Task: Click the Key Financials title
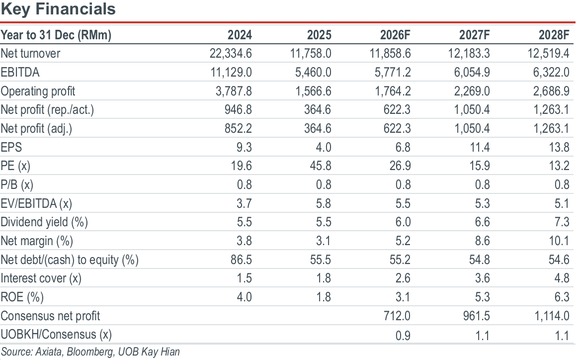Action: point(58,9)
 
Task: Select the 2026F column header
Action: point(395,35)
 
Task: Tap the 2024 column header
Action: point(240,35)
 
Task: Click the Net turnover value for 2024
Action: point(231,54)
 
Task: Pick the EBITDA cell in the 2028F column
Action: point(551,72)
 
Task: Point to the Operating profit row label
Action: point(38,91)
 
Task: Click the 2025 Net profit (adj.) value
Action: point(318,128)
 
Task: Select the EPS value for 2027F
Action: point(480,147)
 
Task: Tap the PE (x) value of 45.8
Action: point(321,166)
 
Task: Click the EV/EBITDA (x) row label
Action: point(36,203)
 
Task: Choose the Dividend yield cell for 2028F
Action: point(562,222)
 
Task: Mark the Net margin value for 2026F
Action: point(403,241)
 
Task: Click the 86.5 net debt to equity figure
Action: point(241,260)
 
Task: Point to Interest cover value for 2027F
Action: point(482,278)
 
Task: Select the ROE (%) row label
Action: point(22,297)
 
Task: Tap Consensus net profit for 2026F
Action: point(397,316)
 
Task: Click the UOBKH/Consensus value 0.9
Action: point(403,335)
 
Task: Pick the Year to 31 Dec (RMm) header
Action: point(56,35)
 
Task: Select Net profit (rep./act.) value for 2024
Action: point(238,109)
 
